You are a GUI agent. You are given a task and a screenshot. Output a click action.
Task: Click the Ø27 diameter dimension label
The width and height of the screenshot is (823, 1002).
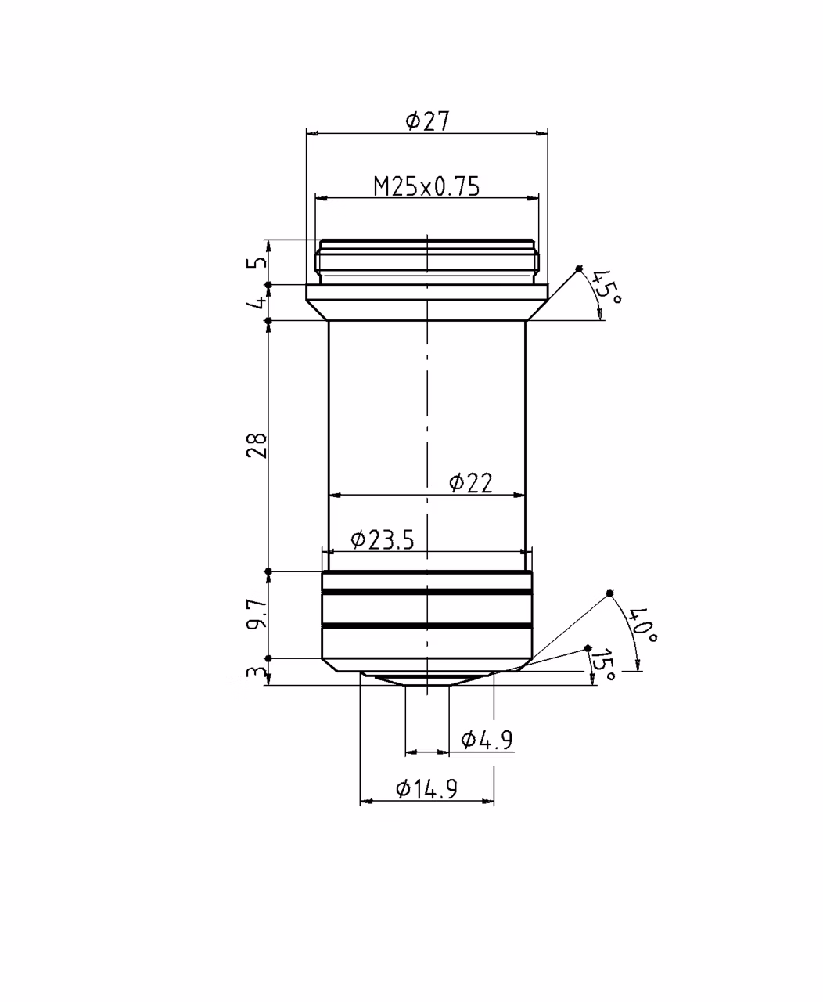(427, 121)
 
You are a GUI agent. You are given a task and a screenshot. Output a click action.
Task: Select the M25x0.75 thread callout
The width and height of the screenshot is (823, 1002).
(426, 186)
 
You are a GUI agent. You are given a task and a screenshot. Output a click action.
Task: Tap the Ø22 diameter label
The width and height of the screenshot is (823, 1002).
(471, 483)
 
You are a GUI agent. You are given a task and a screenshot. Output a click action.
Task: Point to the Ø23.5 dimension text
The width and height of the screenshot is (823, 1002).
(383, 539)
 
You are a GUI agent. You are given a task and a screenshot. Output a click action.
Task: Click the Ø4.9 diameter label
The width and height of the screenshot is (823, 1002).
(487, 739)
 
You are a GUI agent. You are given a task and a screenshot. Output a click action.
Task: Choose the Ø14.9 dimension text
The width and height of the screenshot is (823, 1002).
(426, 789)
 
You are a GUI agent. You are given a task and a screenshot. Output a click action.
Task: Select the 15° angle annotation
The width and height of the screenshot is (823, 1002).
(603, 665)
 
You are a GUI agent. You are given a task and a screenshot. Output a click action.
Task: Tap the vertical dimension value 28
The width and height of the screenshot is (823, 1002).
(257, 445)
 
